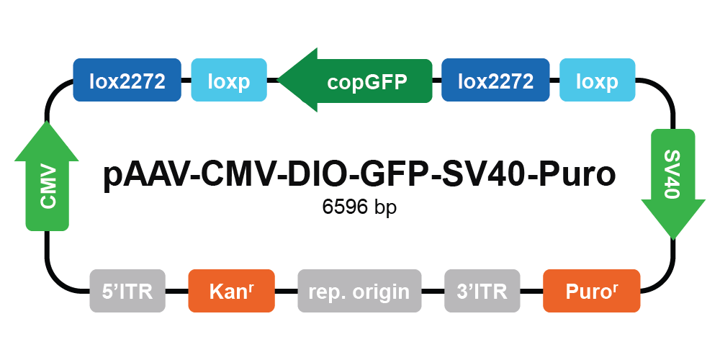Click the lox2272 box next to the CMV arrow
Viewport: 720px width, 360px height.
127,80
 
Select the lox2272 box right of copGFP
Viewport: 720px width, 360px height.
495,80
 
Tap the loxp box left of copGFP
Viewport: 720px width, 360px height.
229,80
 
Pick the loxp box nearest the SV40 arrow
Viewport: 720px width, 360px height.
598,80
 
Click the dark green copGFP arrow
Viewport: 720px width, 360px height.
355,80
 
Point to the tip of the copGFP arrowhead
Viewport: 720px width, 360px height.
278,80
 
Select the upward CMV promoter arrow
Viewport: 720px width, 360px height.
47,176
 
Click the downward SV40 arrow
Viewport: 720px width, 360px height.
673,184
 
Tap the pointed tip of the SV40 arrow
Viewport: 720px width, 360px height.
673,239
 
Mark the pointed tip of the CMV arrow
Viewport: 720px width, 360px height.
47,121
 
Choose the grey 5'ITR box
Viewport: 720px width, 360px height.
127,291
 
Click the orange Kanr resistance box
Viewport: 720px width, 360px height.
231,291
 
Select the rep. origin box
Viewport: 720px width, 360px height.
359,291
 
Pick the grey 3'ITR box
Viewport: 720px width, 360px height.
482,291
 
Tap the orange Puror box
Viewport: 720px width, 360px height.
591,291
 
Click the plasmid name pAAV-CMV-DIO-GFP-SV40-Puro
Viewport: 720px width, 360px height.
359,175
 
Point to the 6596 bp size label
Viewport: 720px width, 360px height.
359,207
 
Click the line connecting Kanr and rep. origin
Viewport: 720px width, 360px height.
286,291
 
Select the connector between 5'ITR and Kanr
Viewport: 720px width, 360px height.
177,291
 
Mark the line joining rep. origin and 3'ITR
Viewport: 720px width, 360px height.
433,291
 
